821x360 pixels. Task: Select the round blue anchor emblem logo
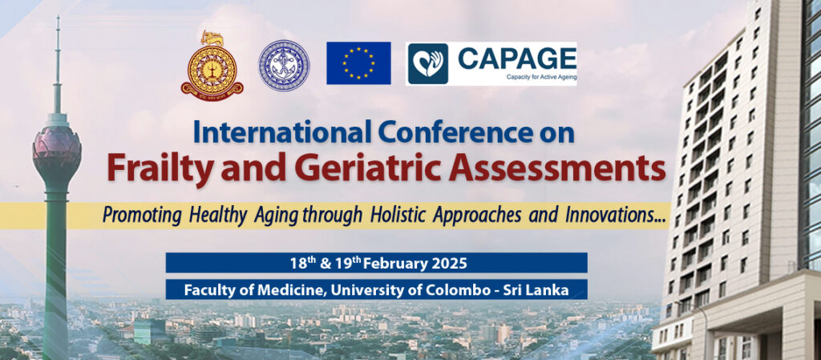(x=284, y=65)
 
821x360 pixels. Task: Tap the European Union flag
(x=358, y=63)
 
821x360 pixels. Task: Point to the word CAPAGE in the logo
(x=516, y=59)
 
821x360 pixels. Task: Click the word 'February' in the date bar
(x=390, y=263)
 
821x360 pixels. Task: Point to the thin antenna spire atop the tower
(x=57, y=56)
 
